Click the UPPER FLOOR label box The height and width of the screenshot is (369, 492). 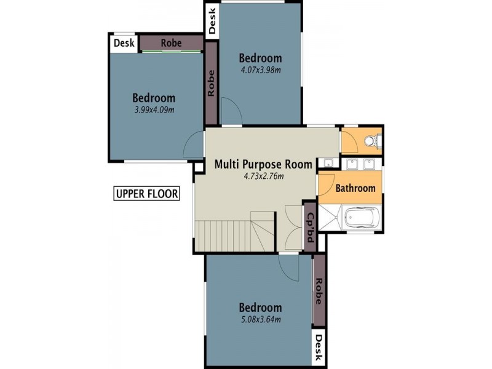coord(146,194)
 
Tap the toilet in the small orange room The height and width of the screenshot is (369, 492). coord(371,141)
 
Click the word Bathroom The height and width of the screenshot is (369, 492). coord(355,188)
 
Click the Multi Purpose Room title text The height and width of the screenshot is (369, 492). coord(263,164)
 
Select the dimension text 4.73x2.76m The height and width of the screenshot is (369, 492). coord(263,177)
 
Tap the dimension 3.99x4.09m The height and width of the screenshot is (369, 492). coord(154,110)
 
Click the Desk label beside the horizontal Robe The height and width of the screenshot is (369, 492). coord(124,43)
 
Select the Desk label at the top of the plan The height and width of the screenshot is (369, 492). coord(212,20)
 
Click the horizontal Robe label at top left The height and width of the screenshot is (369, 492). coord(170,43)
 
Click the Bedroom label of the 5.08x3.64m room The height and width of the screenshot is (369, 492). coord(260,307)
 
